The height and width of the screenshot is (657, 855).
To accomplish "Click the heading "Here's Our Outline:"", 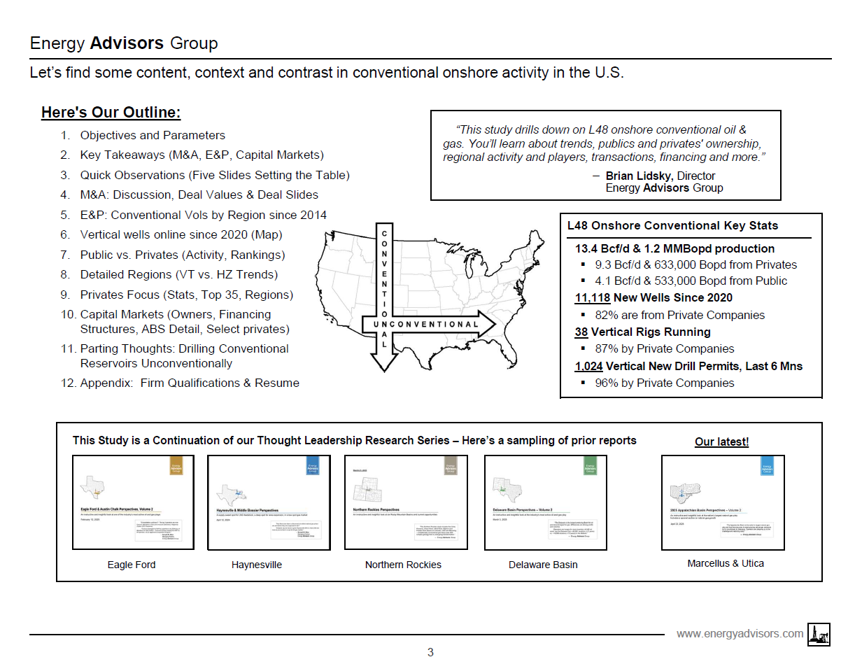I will [x=111, y=113].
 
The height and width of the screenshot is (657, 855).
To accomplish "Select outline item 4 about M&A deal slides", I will [x=199, y=195].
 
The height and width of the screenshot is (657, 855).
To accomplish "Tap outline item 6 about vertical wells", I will [x=181, y=235].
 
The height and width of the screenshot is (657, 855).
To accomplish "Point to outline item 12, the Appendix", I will [x=190, y=383].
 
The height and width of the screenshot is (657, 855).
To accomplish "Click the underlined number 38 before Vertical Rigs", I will [x=581, y=332].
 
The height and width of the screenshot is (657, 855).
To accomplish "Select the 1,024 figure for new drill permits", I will [x=588, y=366].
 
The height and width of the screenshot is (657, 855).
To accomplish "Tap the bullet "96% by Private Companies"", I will [x=664, y=383].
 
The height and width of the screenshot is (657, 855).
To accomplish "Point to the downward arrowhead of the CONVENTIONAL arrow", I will [x=383, y=360].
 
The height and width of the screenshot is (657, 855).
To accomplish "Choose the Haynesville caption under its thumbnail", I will [x=257, y=565].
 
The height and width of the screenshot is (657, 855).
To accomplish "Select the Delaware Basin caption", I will [x=543, y=565].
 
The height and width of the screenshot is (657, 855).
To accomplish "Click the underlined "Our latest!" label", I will [x=721, y=441].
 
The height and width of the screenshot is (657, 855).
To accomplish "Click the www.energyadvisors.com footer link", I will [x=740, y=633].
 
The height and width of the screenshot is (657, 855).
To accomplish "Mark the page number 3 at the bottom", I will [x=430, y=652].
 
